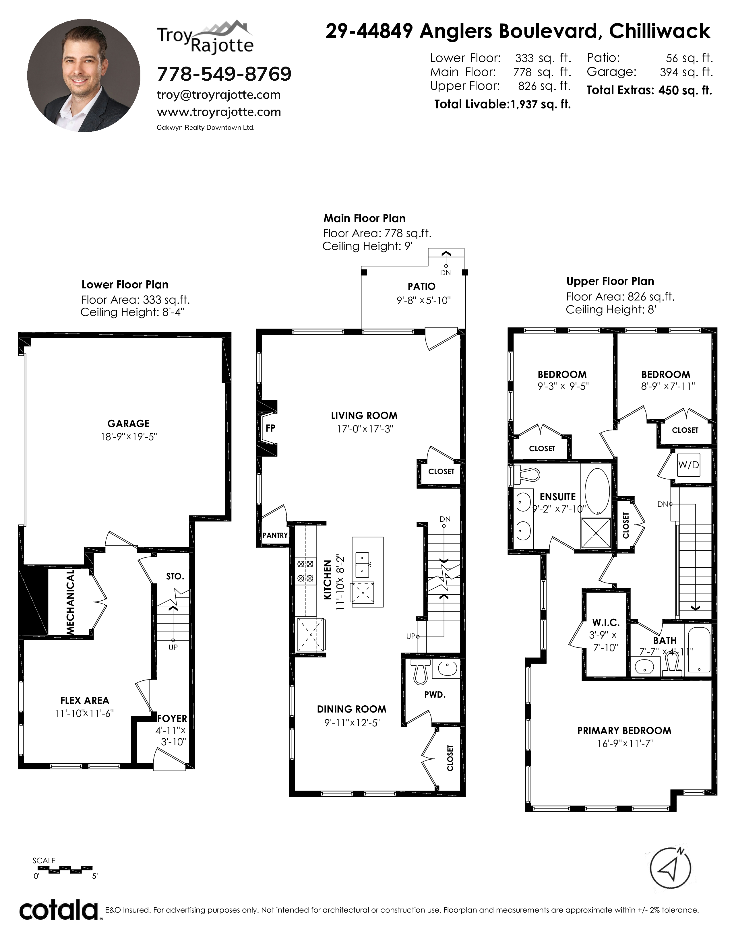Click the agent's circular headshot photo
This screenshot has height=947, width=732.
pos(84,75)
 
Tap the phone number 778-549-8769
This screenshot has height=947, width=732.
pos(224,74)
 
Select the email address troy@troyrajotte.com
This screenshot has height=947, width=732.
pos(218,95)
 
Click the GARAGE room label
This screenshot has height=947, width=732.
pos(128,423)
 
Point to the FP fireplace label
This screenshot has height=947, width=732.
pos(270,428)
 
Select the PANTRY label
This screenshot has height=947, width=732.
pos(275,535)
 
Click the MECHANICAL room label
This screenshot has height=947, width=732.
pos(70,603)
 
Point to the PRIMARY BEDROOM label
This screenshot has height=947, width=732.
pos(624,731)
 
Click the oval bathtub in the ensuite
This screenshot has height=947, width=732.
pos(597,491)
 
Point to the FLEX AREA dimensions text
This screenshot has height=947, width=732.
pos(84,713)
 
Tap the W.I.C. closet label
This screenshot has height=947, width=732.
pos(606,623)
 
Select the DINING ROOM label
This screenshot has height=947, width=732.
pos(351,709)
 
